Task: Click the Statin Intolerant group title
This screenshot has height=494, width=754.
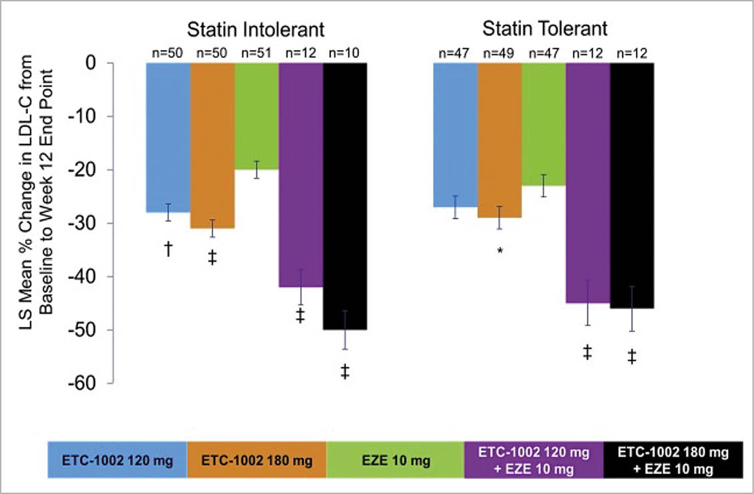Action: pos(256,30)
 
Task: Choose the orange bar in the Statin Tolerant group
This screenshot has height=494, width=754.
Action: pos(499,140)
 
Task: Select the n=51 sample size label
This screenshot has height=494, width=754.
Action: pos(256,53)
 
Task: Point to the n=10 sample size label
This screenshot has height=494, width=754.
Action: pos(345,53)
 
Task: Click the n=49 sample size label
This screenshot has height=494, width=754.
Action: pos(499,53)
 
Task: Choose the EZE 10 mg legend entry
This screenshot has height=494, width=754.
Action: pos(395,460)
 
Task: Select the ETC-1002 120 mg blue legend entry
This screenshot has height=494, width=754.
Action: pos(117,460)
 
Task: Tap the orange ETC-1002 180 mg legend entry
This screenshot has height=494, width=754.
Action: pos(256,460)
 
